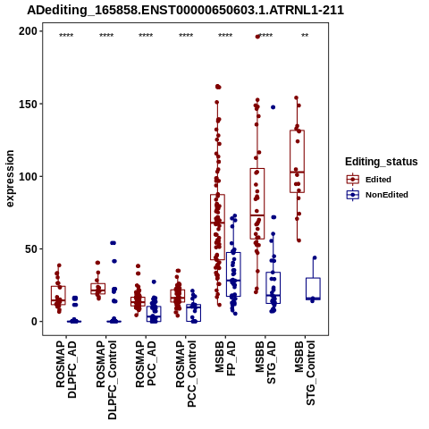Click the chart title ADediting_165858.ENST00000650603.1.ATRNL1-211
pos(185,10)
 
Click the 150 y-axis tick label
pos(28,104)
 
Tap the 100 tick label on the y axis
pos(28,176)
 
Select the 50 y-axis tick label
pos(31,248)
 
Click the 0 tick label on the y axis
pos(34,322)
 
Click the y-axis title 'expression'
pos(10,179)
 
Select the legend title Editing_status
pos(382,162)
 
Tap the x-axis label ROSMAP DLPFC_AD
pos(66,369)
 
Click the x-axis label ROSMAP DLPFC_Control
pos(106,380)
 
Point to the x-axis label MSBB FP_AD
pos(225,358)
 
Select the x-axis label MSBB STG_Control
pos(305,373)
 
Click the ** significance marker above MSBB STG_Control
pos(305,36)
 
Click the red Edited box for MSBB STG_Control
pos(297,161)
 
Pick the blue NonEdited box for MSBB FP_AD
pos(233,274)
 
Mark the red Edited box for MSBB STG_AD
pos(257,204)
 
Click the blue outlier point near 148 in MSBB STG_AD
pos(273,107)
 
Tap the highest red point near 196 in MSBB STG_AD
pos(257,37)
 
